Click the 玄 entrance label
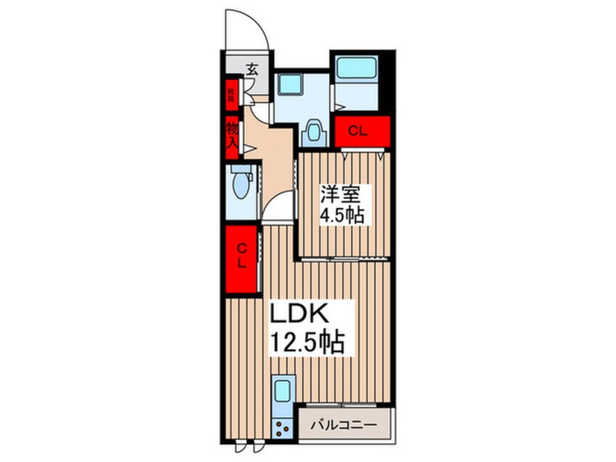tap(252, 70)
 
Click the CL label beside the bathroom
tap(362, 132)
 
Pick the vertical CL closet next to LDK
tap(242, 259)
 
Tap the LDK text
tap(302, 315)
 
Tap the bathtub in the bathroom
tap(359, 71)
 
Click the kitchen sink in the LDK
tap(283, 393)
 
